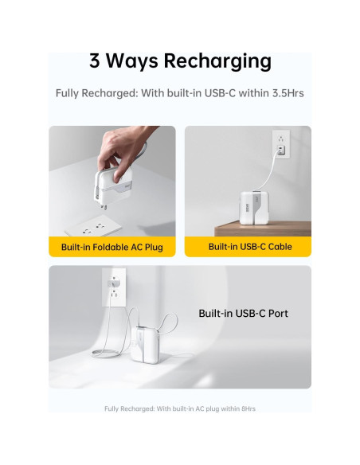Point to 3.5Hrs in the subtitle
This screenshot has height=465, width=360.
coord(285,93)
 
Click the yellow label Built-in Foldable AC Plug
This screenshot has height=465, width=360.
coord(112,247)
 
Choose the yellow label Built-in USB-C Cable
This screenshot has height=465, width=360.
coord(250,247)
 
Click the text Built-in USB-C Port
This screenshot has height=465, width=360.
coord(243,314)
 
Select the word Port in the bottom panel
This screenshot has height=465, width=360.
coord(278,314)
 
